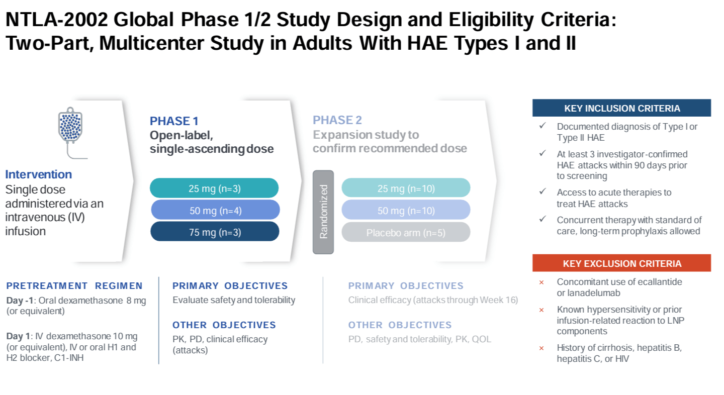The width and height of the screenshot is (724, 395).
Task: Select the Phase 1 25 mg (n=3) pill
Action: [x=214, y=188]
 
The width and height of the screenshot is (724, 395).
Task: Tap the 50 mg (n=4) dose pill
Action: [x=215, y=210]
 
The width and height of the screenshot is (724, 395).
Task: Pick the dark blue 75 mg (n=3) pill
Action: [x=215, y=232]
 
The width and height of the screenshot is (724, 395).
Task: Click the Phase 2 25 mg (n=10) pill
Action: [x=406, y=188]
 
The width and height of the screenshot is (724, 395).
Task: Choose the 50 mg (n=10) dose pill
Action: [x=406, y=210]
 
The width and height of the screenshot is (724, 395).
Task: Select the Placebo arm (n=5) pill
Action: [x=406, y=232]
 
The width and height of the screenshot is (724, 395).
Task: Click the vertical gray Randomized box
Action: [x=323, y=212]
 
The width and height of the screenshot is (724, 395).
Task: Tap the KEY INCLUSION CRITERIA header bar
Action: [x=621, y=108]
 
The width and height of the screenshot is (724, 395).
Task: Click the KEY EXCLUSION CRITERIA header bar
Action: [x=621, y=263]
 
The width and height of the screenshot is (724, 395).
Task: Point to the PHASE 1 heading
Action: [x=174, y=121]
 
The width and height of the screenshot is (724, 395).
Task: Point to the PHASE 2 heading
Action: [x=337, y=121]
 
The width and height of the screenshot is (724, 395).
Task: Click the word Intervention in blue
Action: [x=39, y=174]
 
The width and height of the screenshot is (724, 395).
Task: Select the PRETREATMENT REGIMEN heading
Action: [x=74, y=286]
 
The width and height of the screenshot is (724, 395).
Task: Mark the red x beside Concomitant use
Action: [x=541, y=282]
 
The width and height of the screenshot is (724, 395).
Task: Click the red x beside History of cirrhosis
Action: [x=541, y=348]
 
